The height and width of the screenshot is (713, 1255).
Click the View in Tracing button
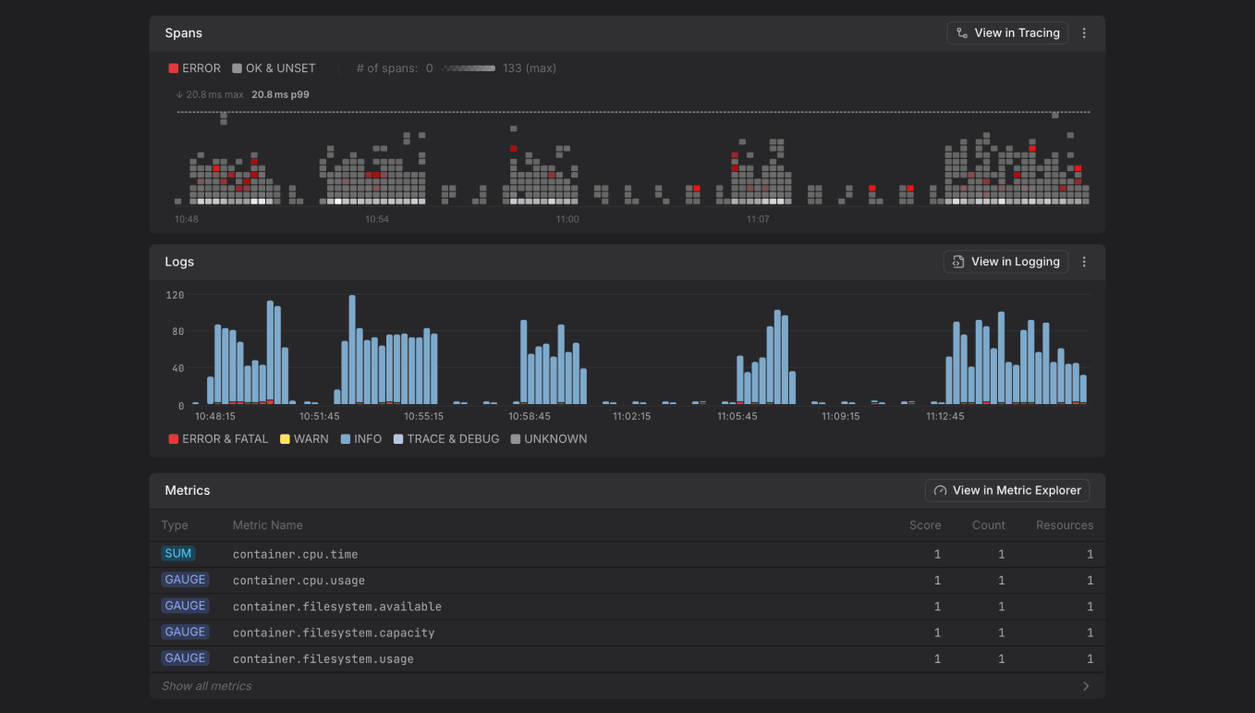tap(1007, 33)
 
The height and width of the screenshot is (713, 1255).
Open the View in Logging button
tap(1005, 262)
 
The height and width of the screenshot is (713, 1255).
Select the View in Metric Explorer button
tap(1007, 490)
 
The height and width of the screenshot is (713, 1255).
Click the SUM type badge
tap(177, 554)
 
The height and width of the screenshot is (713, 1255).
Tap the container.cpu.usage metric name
tap(299, 581)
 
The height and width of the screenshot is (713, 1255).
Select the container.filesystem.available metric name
tap(336, 607)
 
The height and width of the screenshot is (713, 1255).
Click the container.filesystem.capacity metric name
tap(334, 633)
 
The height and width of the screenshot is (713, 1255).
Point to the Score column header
tap(924, 525)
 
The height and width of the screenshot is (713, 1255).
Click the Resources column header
tap(1064, 525)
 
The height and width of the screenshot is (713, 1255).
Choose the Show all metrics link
tap(207, 686)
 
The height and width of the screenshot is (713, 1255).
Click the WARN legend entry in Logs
tap(304, 439)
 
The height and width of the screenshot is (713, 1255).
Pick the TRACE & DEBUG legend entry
tap(446, 439)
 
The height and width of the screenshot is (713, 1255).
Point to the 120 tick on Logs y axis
tap(175, 295)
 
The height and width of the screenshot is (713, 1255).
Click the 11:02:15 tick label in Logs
tap(632, 416)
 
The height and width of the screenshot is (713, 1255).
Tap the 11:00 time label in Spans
tap(567, 219)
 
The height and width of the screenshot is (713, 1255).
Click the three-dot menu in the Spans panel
tap(1084, 33)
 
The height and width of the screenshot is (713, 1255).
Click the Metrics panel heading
tap(188, 490)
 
